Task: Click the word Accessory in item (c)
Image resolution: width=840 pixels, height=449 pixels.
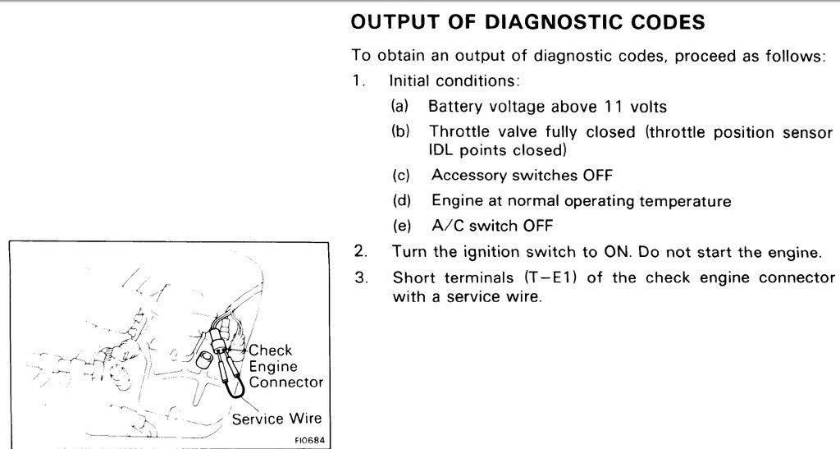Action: tap(469, 175)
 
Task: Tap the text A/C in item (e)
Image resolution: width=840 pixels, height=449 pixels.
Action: tap(446, 226)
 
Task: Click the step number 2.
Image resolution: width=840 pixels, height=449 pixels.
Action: tap(360, 251)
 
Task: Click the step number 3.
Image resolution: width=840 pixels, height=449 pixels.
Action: tap(360, 277)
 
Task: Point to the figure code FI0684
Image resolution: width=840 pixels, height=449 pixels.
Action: tap(308, 440)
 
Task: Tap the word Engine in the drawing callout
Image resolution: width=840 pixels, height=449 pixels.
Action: tap(272, 367)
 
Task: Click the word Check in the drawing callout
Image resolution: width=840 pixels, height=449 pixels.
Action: tap(270, 351)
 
